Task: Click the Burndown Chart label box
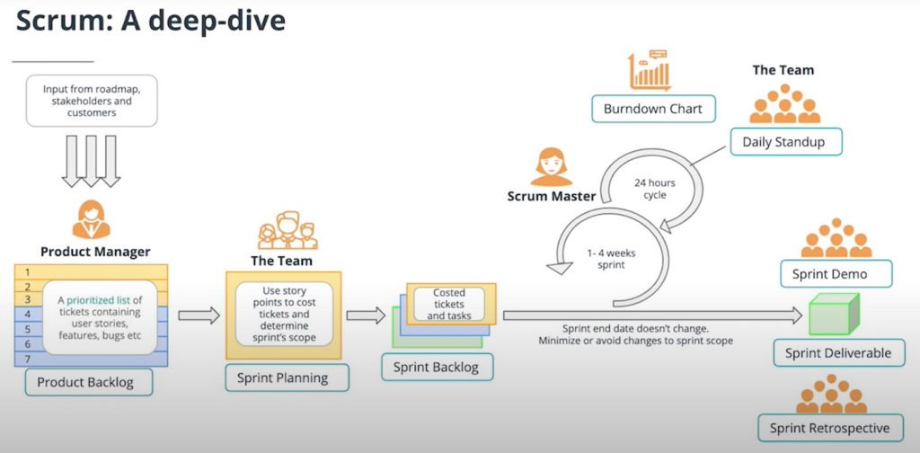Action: [654, 109]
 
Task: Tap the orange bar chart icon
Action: [650, 70]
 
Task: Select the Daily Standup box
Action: [786, 141]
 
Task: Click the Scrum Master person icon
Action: [551, 166]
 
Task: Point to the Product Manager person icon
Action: [91, 219]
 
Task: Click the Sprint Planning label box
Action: [287, 377]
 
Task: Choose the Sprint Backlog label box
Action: [438, 368]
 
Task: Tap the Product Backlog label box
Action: [89, 382]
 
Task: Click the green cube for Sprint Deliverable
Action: [835, 314]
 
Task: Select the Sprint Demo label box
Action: [836, 274]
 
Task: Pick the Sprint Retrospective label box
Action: [829, 428]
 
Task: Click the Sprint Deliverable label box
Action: [839, 352]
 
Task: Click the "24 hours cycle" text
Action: [654, 189]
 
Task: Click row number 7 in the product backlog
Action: [28, 359]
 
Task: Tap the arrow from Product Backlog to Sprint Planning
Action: [199, 315]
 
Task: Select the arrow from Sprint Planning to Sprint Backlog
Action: [366, 315]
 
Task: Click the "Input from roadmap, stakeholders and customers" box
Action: [92, 101]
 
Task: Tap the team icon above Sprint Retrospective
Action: [831, 394]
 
